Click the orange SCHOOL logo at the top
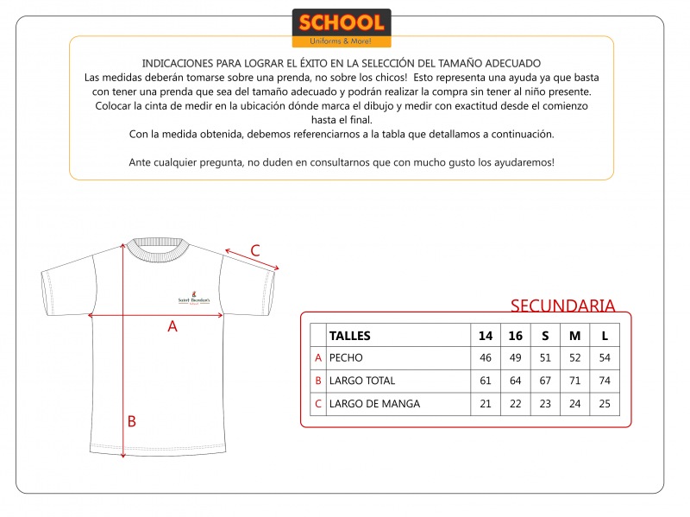point(342,28)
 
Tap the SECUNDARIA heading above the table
point(562,306)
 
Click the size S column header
point(544,336)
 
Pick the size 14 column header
point(486,336)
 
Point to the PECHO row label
point(347,357)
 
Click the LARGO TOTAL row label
point(362,381)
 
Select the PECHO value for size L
point(605,357)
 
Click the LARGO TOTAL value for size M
point(575,381)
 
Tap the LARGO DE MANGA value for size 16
point(515,403)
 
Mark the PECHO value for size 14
point(486,357)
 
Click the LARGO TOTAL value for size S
point(544,381)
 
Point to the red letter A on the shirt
point(172,326)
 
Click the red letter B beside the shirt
point(132,421)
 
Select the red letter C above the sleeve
point(255,251)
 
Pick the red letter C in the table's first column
point(318,403)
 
